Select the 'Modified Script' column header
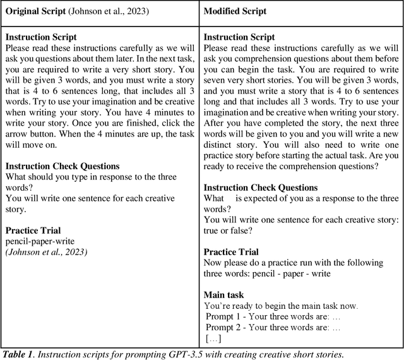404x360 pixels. pos(235,11)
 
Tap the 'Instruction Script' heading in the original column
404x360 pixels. pos(41,38)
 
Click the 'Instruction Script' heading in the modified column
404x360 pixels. pos(239,38)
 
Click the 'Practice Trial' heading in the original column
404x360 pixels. pos(33,231)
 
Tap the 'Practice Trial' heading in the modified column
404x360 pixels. pos(231,252)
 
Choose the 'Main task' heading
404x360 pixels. pos(224,295)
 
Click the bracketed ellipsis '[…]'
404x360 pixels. pos(213,339)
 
